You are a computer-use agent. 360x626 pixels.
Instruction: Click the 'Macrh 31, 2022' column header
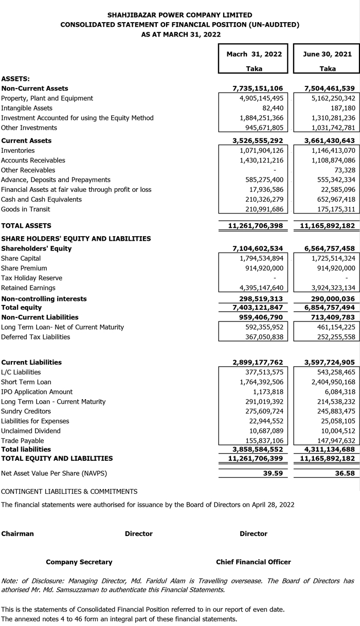click(x=255, y=54)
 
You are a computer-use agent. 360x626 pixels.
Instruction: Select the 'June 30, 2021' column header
click(x=328, y=54)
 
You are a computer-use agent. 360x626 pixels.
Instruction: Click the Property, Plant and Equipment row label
click(x=47, y=98)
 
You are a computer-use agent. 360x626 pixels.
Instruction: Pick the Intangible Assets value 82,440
click(x=271, y=108)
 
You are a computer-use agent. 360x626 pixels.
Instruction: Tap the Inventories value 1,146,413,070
click(x=333, y=151)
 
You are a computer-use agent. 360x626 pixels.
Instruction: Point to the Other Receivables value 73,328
click(x=343, y=170)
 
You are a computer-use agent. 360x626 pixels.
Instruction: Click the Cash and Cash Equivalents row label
click(x=41, y=200)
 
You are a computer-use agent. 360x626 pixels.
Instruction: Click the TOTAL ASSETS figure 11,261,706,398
click(x=255, y=226)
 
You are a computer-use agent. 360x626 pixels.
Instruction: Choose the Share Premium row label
click(x=24, y=268)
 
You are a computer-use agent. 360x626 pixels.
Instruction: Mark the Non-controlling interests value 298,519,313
click(x=258, y=299)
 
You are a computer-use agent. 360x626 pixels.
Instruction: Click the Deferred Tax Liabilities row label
click(x=35, y=337)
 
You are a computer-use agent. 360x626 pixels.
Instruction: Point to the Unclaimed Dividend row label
click(x=31, y=431)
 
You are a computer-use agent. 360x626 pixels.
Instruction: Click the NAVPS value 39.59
click(x=273, y=473)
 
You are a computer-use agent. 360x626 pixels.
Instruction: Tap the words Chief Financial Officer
click(x=253, y=562)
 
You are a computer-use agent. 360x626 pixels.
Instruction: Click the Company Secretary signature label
click(x=79, y=562)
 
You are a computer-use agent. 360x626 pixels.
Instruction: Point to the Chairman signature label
click(x=17, y=533)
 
